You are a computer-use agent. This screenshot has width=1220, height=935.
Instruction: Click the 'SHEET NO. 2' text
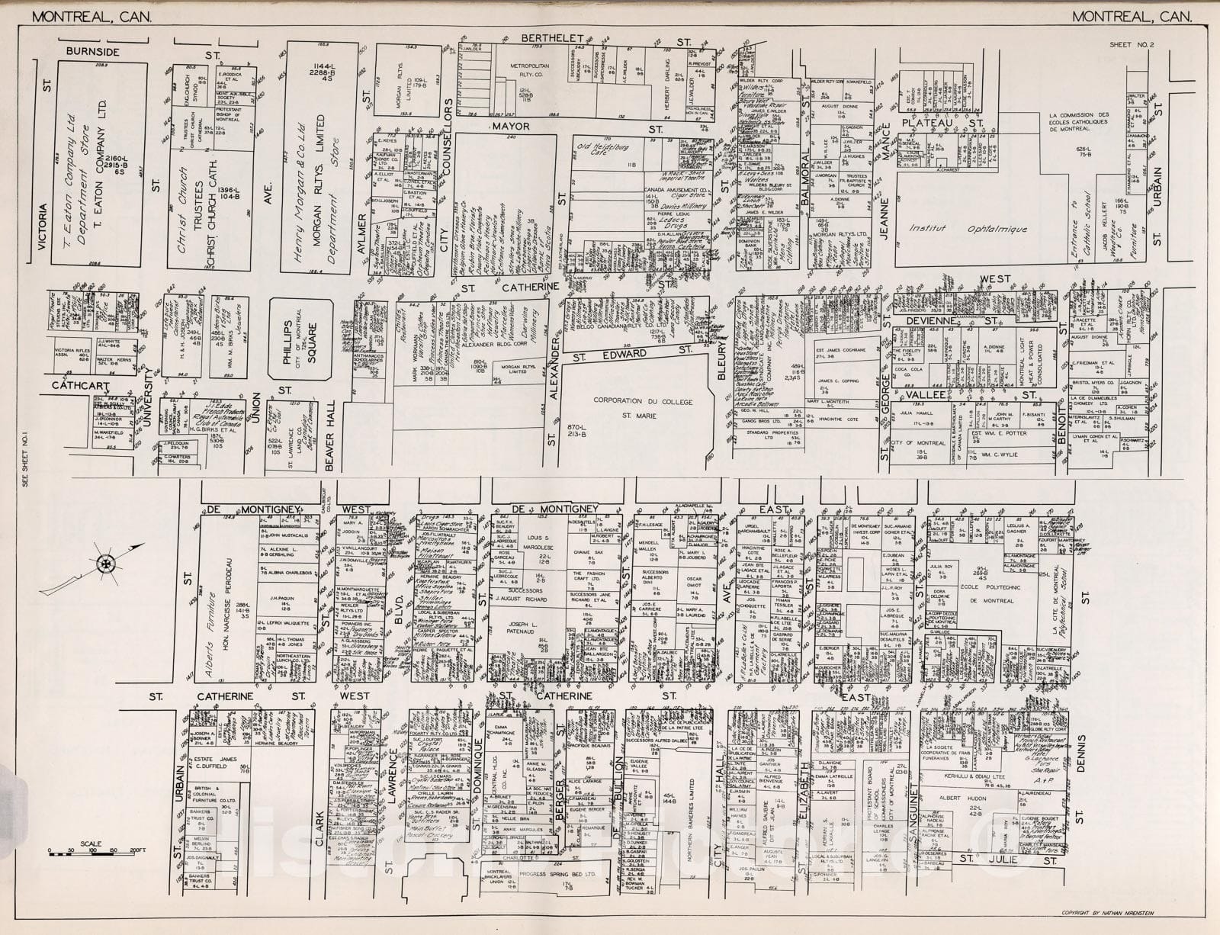[1132, 45]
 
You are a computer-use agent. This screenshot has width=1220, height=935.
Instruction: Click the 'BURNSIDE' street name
[92, 52]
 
